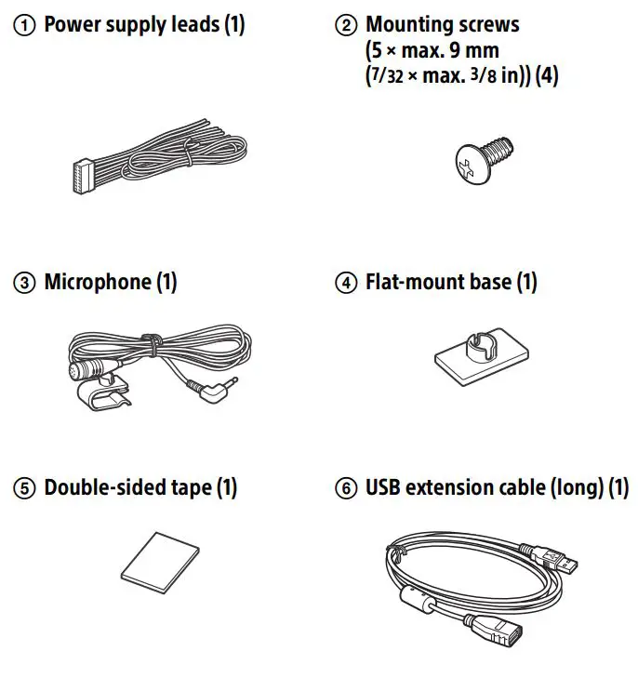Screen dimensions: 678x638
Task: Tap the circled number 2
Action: (x=345, y=25)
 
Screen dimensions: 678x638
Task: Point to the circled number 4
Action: (x=345, y=282)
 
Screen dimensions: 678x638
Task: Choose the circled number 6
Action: (x=345, y=487)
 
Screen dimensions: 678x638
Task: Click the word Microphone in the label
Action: (x=97, y=282)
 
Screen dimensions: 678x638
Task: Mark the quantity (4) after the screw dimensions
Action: (x=546, y=77)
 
